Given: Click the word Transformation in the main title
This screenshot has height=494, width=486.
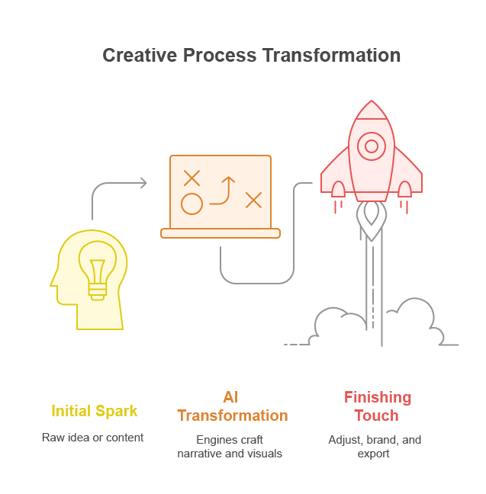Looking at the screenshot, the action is tap(331, 56).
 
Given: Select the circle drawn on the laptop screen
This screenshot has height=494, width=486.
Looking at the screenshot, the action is tap(192, 204).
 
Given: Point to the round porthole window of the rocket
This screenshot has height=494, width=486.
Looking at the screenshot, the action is tap(372, 146).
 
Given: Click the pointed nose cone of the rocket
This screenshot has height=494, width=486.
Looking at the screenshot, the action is tap(372, 110).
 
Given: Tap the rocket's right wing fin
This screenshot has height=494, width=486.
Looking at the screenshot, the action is tap(408, 173).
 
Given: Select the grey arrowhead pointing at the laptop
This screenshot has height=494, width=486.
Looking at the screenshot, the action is tap(143, 183).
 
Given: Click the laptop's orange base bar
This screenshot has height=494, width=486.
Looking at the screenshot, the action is tap(220, 233).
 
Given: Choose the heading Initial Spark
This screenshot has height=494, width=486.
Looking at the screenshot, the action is tap(95, 411).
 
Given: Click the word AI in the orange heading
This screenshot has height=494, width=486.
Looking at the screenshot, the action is tap(230, 397).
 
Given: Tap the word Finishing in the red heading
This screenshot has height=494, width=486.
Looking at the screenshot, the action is tap(378, 398).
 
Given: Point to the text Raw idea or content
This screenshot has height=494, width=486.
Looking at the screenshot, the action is tap(93, 438).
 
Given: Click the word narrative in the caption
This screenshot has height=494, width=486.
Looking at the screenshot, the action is tap(201, 454).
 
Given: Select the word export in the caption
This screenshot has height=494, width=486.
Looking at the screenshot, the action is tap(373, 454).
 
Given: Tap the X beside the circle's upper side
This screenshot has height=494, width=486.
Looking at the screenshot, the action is tap(192, 178).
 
